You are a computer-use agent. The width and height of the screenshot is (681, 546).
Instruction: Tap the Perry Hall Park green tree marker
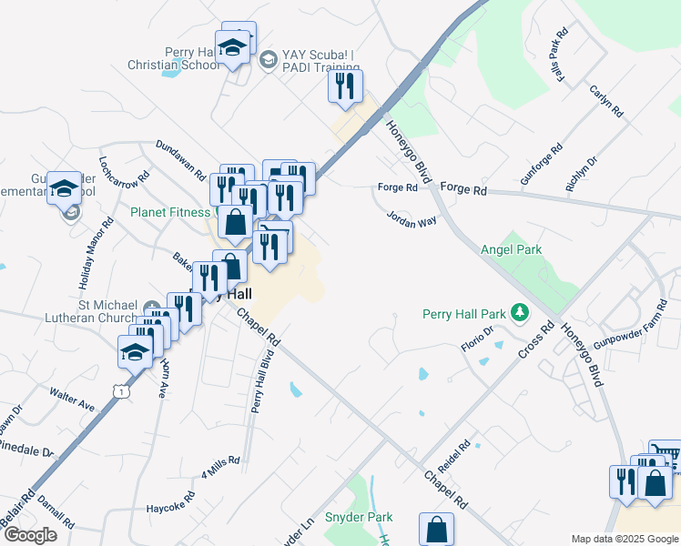pyautogui.click(x=520, y=314)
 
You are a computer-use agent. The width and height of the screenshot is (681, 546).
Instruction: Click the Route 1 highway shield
pyautogui.click(x=119, y=390)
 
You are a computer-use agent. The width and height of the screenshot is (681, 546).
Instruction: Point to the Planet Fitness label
pyautogui.click(x=170, y=213)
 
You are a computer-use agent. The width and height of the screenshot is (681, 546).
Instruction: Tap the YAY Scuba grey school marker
pyautogui.click(x=268, y=60)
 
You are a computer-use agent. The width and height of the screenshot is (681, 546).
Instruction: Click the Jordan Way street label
pyautogui.click(x=412, y=219)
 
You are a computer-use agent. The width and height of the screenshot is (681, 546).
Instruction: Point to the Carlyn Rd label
pyautogui.click(x=606, y=101)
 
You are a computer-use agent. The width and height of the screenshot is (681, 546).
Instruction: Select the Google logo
pyautogui.click(x=29, y=535)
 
